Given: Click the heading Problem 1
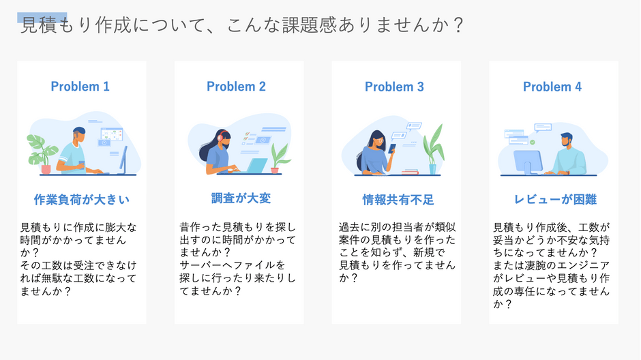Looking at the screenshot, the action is (x=80, y=86).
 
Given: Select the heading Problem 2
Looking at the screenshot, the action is (x=237, y=86).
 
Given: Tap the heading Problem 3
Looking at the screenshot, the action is (x=395, y=87).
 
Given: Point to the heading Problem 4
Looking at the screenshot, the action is (x=552, y=87).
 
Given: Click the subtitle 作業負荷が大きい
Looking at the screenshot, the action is (x=82, y=199).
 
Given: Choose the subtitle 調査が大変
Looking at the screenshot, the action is (x=241, y=198).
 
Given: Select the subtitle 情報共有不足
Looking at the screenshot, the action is (x=398, y=199).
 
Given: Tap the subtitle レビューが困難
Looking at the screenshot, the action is (x=555, y=199).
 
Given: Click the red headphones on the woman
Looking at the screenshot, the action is (x=222, y=136).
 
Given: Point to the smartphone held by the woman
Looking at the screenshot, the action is (x=392, y=148).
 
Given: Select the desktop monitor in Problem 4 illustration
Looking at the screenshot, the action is (x=528, y=162).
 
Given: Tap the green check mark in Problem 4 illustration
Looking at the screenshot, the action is (x=533, y=142).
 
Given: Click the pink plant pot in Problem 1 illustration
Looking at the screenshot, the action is (x=46, y=169).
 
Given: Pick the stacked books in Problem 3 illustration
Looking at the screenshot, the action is (x=410, y=172).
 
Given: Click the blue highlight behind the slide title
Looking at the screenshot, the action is (x=42, y=18).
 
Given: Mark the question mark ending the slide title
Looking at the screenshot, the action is (x=459, y=25).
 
